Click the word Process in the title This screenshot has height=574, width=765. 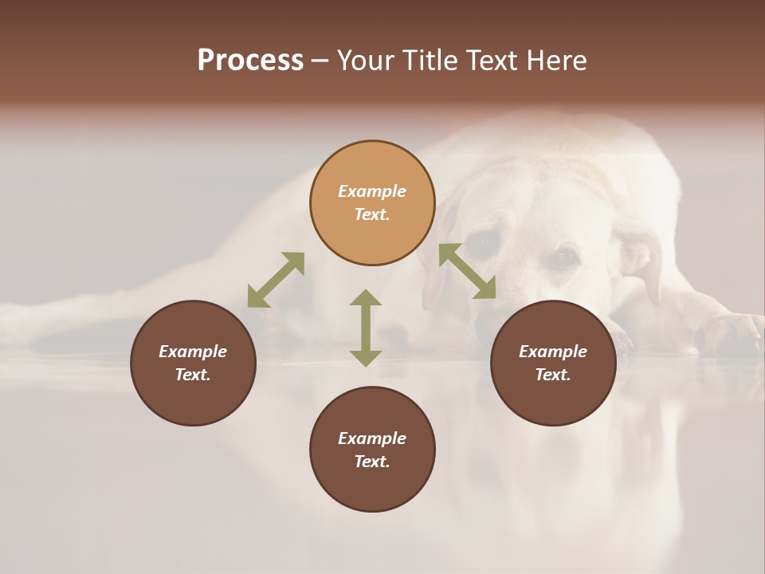click(x=250, y=61)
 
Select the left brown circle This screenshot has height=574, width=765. click(x=193, y=399)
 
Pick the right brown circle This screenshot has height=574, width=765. click(x=553, y=399)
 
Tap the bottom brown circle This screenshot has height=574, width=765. click(x=372, y=486)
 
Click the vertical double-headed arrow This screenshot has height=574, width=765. click(x=366, y=328)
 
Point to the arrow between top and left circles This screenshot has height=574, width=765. click(x=276, y=280)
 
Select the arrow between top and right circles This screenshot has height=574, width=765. click(x=467, y=271)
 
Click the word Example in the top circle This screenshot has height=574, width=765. click(x=372, y=191)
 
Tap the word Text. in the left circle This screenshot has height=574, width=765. click(x=193, y=375)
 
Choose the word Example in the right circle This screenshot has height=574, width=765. click(x=553, y=352)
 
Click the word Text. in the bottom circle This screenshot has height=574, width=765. click(x=372, y=462)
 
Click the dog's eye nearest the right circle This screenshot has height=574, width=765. click(x=564, y=257)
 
